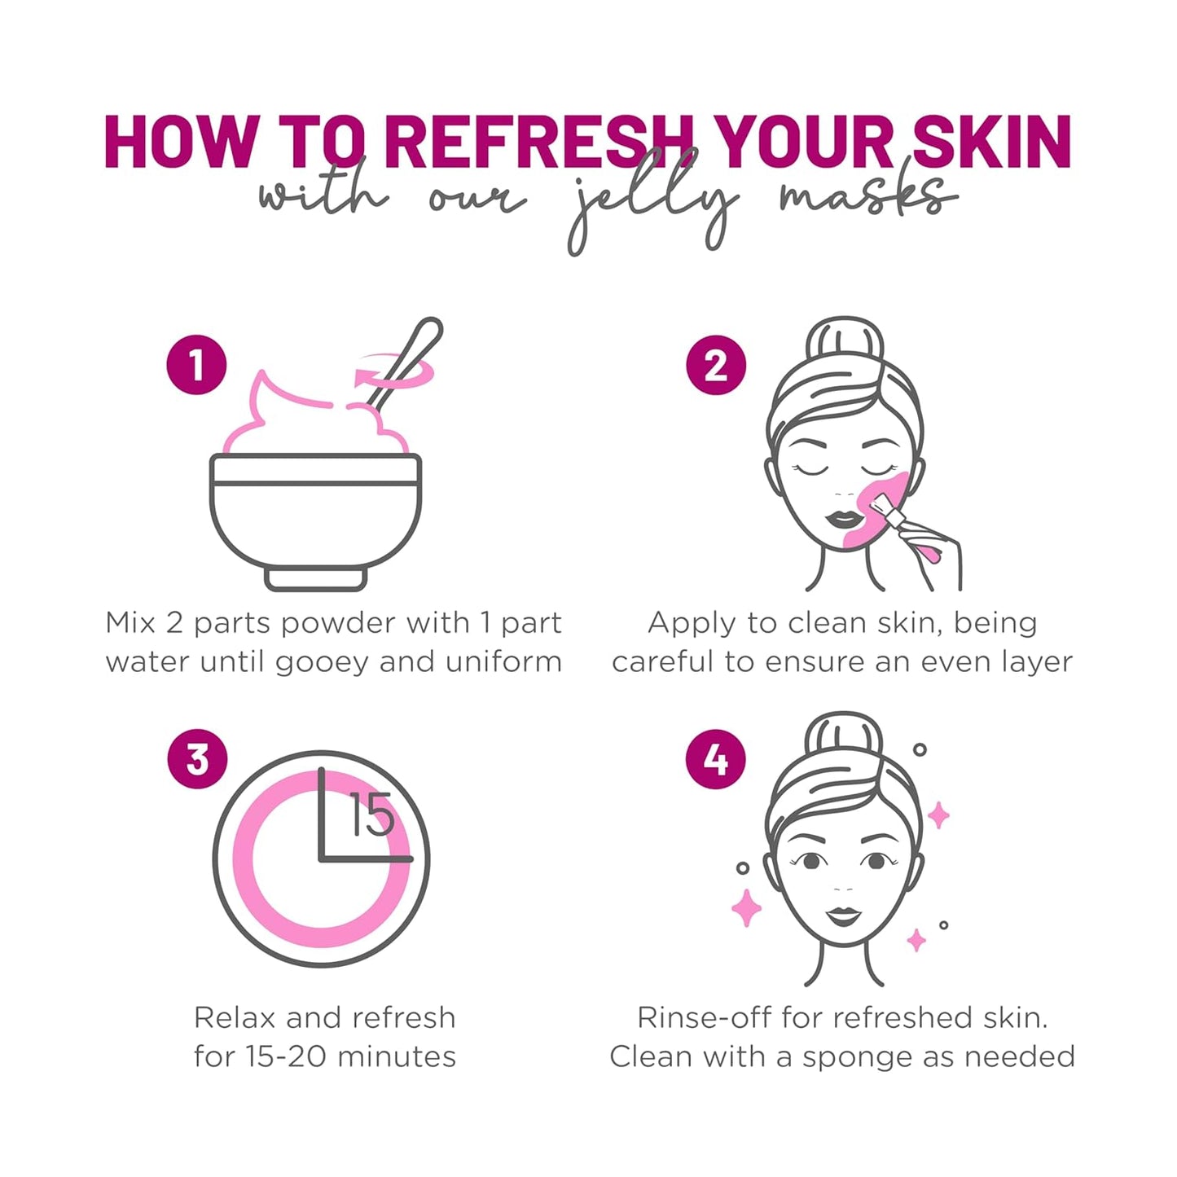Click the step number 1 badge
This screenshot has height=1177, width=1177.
[195, 365]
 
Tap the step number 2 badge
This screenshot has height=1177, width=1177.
[715, 366]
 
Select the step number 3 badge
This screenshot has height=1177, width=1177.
[197, 759]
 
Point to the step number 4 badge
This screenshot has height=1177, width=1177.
[715, 759]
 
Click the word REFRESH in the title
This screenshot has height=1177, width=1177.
[538, 143]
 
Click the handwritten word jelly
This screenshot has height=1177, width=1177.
[652, 204]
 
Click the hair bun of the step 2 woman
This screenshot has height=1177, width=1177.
[844, 342]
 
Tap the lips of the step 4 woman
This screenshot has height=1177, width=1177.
[843, 916]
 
